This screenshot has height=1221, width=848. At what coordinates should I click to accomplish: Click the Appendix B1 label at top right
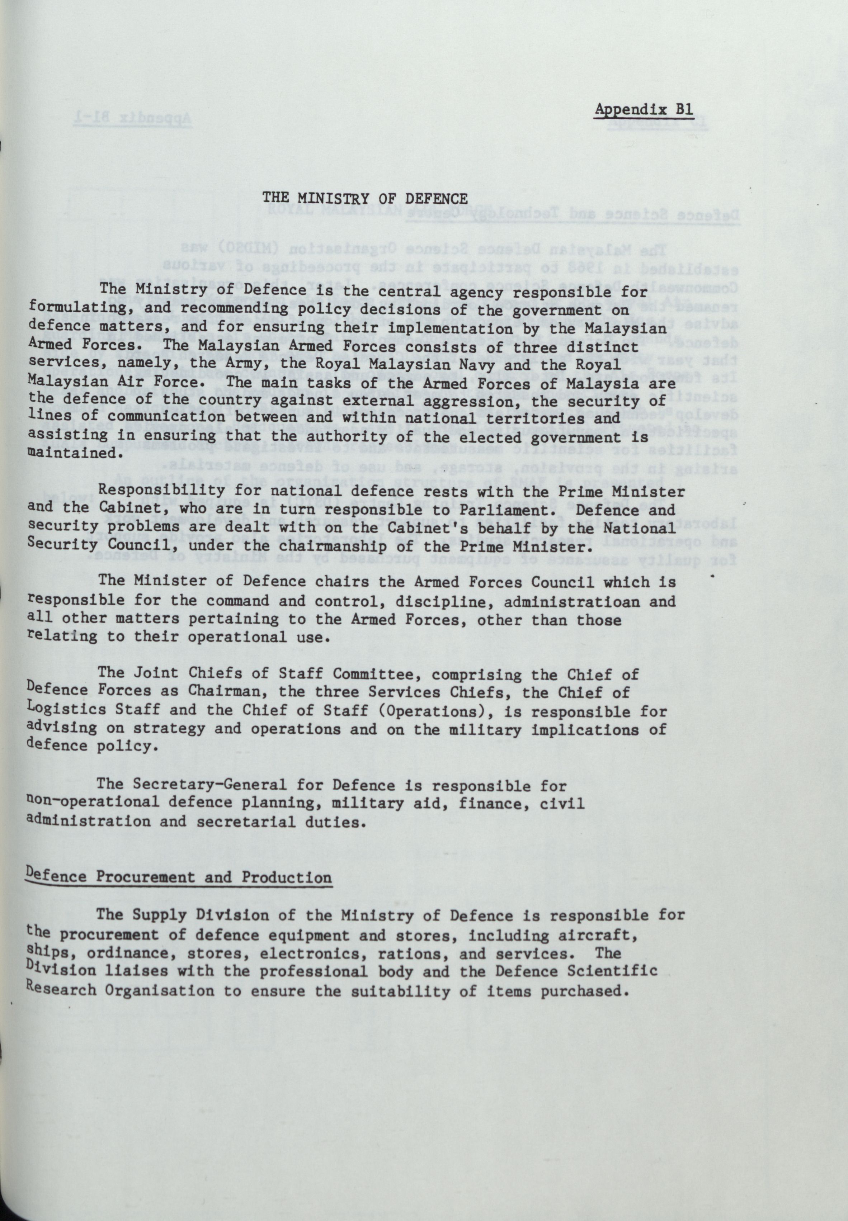[644, 109]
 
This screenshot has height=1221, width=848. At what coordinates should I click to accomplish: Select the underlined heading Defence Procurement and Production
[179, 876]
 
